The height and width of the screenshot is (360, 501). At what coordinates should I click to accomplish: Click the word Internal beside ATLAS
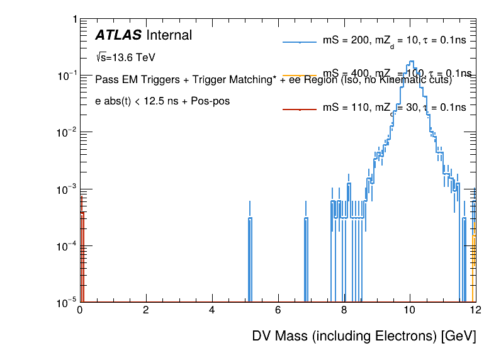[x=169, y=35]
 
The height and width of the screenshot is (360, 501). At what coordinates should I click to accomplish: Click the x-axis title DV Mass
[x=364, y=336]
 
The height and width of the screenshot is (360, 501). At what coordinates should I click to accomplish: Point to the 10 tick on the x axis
[x=410, y=310]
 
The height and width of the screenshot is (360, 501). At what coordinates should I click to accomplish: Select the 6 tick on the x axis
[x=278, y=310]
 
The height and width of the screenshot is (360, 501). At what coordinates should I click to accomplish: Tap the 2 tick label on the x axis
[x=146, y=310]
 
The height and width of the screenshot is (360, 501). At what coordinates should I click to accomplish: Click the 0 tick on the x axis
[x=80, y=310]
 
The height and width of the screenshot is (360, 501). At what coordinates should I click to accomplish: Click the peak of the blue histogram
[x=411, y=62]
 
